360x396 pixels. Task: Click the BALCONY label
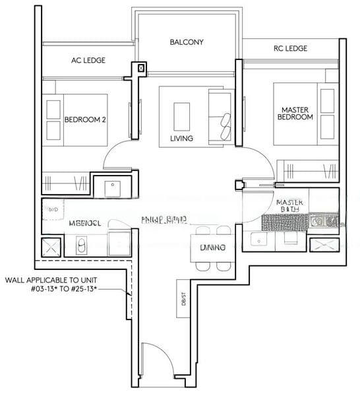point(187,42)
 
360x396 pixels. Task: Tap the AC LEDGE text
point(88,61)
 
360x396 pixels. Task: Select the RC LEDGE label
point(290,48)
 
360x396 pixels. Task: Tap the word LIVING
point(181,139)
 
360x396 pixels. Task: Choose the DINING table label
point(213,247)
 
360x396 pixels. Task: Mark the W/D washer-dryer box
point(51,209)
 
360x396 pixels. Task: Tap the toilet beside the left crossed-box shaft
point(81,246)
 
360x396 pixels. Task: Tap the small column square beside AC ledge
point(139,67)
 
